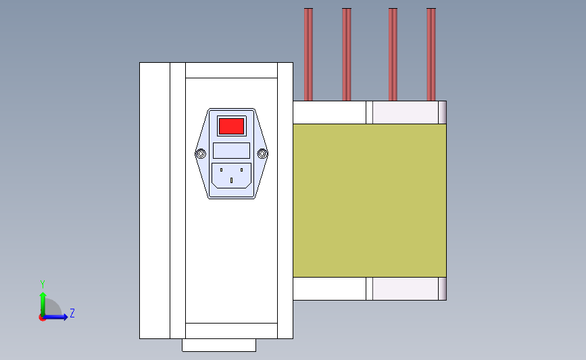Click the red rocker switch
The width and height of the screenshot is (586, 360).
click(x=231, y=126)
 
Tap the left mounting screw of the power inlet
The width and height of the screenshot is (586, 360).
click(x=201, y=153)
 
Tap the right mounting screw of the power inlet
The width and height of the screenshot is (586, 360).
click(x=262, y=153)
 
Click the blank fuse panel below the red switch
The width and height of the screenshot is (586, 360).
click(x=231, y=151)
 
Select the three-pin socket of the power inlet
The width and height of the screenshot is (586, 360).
click(x=231, y=176)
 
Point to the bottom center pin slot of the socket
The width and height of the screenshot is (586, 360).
click(x=231, y=180)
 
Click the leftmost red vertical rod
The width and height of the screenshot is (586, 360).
click(x=308, y=55)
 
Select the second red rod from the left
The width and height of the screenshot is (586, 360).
click(x=347, y=55)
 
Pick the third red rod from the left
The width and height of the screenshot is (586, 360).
click(x=393, y=55)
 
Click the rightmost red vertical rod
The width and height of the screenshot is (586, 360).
click(x=431, y=55)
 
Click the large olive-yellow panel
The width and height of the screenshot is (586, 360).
click(x=370, y=201)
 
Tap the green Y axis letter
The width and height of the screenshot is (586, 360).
click(x=42, y=284)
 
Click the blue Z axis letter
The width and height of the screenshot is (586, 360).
click(x=72, y=313)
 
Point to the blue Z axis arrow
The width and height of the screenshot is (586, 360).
click(x=55, y=317)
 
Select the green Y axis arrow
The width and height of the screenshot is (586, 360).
click(x=43, y=304)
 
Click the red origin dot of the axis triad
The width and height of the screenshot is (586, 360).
click(x=42, y=318)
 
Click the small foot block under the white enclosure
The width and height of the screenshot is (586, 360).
click(x=219, y=345)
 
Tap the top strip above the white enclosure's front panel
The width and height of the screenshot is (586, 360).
click(x=231, y=70)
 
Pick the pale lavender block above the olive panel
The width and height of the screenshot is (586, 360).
click(x=406, y=112)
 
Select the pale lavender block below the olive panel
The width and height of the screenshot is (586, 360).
click(x=406, y=288)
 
